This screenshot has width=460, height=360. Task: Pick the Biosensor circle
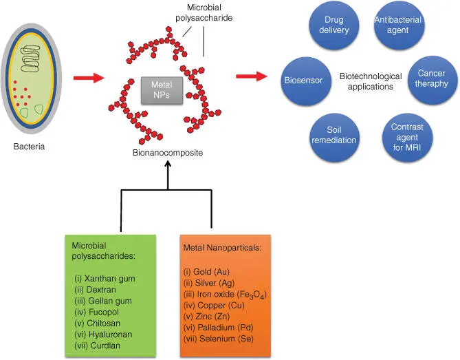[304, 81]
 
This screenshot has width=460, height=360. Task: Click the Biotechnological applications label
[370, 81]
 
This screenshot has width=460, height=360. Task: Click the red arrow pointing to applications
[251, 75]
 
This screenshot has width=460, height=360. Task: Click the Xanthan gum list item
[104, 278]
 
